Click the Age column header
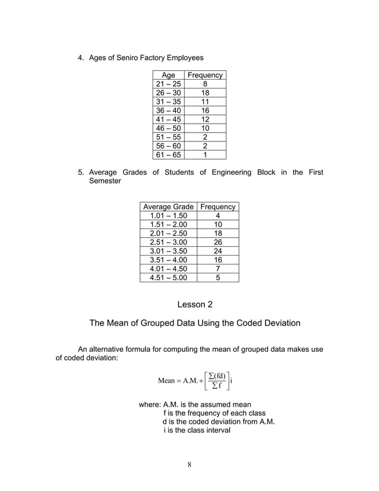(x=169, y=75)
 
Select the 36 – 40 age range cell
(x=169, y=111)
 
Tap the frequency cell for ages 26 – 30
(x=205, y=93)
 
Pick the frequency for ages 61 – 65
(x=205, y=155)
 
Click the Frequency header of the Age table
(x=205, y=75)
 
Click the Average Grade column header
(x=169, y=207)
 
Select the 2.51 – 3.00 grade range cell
(x=169, y=243)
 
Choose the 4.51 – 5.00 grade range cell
(x=169, y=277)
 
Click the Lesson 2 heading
(x=194, y=305)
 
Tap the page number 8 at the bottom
(x=190, y=464)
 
